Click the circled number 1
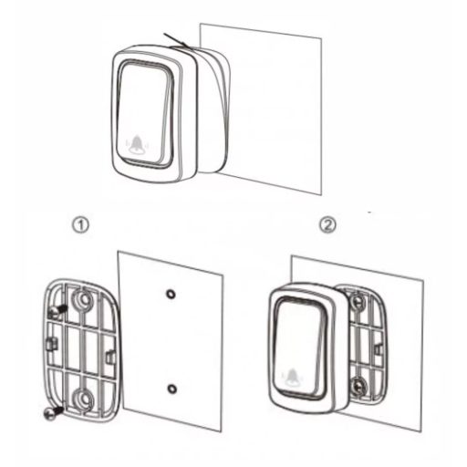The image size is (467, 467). pyautogui.click(x=81, y=226)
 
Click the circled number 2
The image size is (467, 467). pyautogui.click(x=327, y=225)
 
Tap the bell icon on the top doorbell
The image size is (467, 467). pyautogui.click(x=138, y=143)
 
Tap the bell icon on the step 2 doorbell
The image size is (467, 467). pyautogui.click(x=292, y=377)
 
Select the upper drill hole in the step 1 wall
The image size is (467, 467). pyautogui.click(x=171, y=294)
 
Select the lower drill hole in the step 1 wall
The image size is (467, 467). pyautogui.click(x=172, y=389)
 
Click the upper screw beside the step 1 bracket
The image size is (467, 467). pyautogui.click(x=58, y=310)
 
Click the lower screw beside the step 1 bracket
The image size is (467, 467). pyautogui.click(x=54, y=412)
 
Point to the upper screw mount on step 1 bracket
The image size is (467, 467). pyautogui.click(x=82, y=299)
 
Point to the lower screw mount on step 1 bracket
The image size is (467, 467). pyautogui.click(x=83, y=399)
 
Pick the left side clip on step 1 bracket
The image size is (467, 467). pyautogui.click(x=52, y=345)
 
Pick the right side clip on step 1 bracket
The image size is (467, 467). pyautogui.click(x=110, y=357)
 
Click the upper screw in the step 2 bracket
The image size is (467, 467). pyautogui.click(x=357, y=301)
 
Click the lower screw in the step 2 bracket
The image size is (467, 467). pyautogui.click(x=358, y=386)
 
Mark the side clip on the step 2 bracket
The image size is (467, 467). pyautogui.click(x=379, y=349)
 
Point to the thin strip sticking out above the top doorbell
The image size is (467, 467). pyautogui.click(x=178, y=41)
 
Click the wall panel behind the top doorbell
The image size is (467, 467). pyautogui.click(x=274, y=109)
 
